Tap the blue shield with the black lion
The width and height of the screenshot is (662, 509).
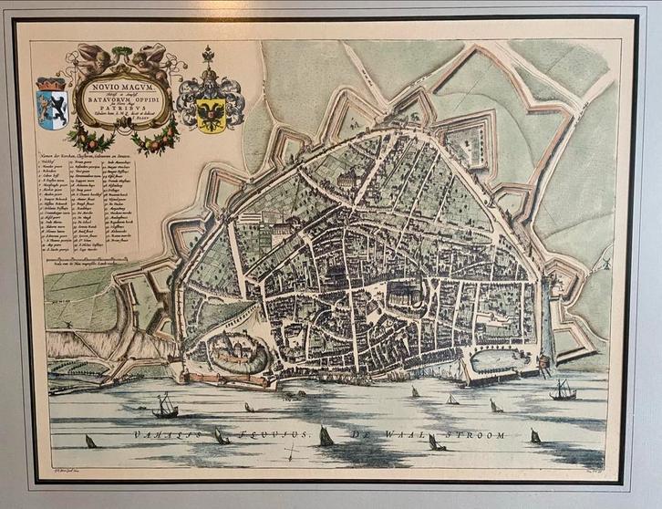(51, 108)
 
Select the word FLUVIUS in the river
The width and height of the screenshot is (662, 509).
(274, 436)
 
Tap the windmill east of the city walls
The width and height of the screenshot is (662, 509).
(601, 264)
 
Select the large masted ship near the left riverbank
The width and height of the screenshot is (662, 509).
(165, 405)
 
